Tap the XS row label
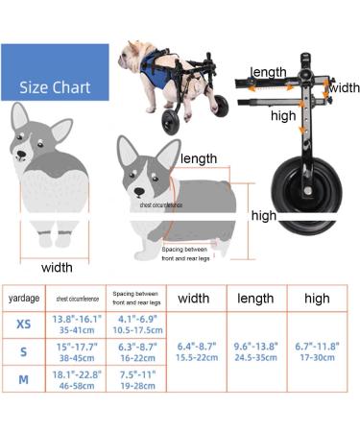[x=23, y=324]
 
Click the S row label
[x=23, y=351]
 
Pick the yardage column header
[x=24, y=298]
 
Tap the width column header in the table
[x=194, y=298]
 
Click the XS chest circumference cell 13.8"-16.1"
[x=76, y=324]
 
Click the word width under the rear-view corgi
[x=58, y=267]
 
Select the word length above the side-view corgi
[x=199, y=158]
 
